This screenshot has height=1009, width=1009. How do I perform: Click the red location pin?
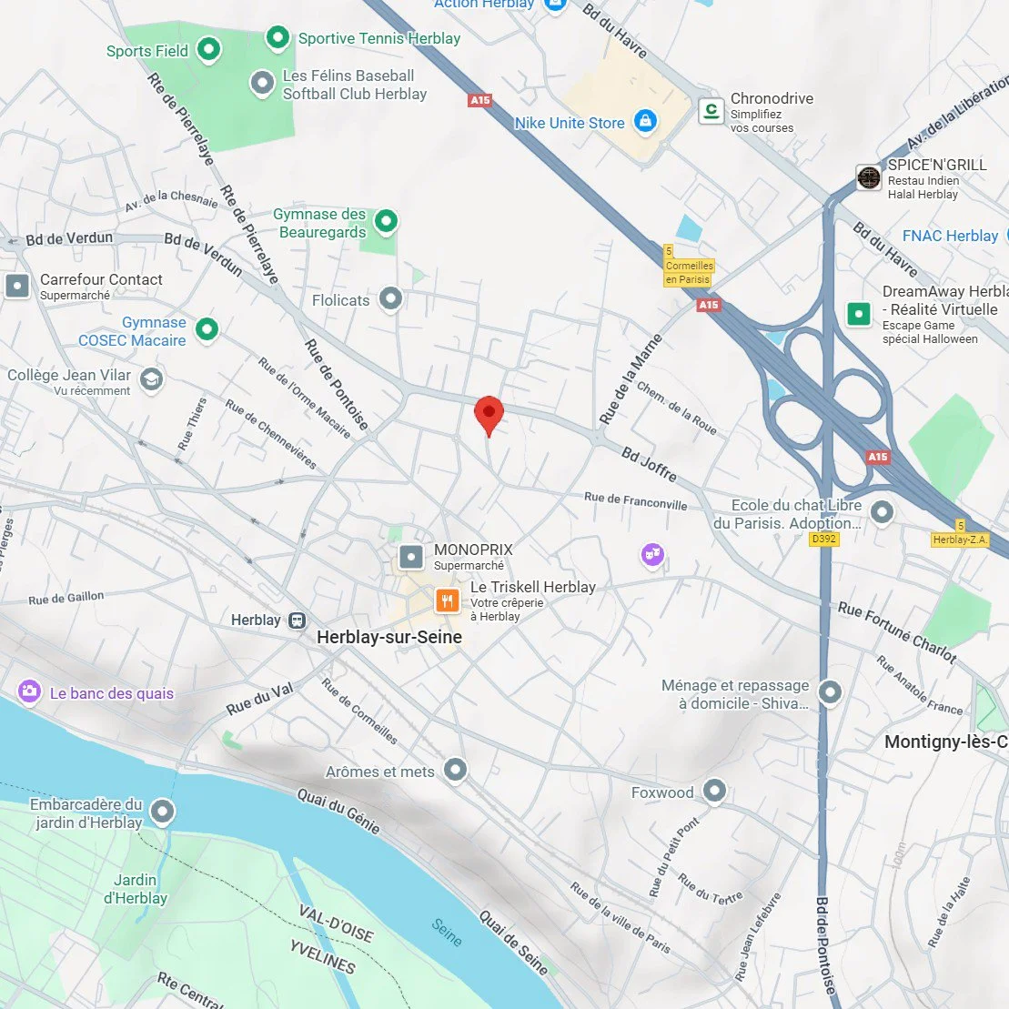point(489,415)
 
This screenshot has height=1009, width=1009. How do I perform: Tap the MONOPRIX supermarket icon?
point(411,556)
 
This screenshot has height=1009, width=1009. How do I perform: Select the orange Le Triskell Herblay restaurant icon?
point(447,600)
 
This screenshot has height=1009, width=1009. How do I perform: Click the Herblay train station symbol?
point(297,621)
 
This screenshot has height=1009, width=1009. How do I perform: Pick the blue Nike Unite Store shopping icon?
point(645,121)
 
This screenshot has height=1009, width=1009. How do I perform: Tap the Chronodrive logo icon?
point(711,111)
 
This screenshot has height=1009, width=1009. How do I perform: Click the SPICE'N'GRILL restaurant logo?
point(869,177)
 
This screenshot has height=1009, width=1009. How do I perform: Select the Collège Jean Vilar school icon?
point(152,379)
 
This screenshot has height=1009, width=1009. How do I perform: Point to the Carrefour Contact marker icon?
point(18,286)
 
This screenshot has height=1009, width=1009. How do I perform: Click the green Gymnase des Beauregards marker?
point(387,220)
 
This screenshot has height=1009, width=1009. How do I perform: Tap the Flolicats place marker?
point(390,298)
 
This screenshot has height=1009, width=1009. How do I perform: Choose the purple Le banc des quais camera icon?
point(29,692)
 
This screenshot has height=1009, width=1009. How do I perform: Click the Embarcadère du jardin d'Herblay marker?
point(163,811)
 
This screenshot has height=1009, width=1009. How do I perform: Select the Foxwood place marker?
point(714,792)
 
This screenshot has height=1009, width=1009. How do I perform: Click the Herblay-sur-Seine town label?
point(389,638)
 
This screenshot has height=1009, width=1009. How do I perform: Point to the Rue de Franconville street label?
point(635,500)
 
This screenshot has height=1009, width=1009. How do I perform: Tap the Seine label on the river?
point(447,932)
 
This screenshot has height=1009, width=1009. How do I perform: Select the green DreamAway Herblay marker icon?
point(859,315)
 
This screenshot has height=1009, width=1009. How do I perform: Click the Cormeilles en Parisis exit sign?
point(689,270)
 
